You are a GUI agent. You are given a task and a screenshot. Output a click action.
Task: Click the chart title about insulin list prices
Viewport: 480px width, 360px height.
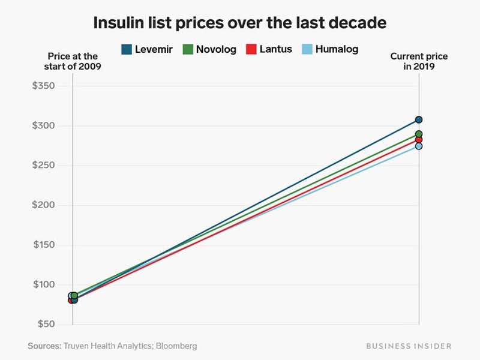[x=240, y=23]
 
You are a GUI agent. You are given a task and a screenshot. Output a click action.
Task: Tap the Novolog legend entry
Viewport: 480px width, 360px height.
[x=209, y=49]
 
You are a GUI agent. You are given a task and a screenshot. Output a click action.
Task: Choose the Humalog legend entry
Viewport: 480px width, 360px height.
[x=329, y=49]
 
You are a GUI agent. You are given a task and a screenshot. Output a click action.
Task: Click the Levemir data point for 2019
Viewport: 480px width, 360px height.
[x=419, y=119]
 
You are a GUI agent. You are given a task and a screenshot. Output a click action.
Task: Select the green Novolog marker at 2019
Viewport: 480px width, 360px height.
[x=419, y=134]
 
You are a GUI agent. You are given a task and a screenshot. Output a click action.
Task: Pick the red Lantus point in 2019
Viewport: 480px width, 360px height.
[x=419, y=140]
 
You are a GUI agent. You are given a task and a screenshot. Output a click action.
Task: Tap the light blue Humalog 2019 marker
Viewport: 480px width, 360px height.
[x=419, y=146]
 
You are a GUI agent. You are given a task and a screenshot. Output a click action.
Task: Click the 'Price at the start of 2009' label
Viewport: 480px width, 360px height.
[x=73, y=61]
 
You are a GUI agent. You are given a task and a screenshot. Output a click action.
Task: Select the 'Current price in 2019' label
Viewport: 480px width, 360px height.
[x=419, y=61]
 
